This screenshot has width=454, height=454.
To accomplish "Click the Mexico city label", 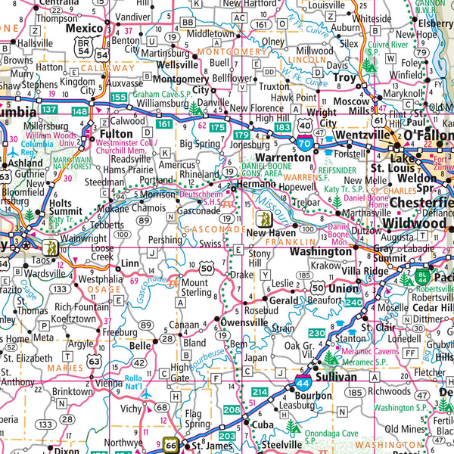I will (84, 28).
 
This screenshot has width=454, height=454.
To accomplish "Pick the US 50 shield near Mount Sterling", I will (207, 267).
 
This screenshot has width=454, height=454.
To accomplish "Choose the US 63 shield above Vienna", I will (94, 361).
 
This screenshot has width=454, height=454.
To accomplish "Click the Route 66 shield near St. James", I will (172, 445).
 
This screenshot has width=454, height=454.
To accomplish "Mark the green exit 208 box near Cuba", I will (232, 410).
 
